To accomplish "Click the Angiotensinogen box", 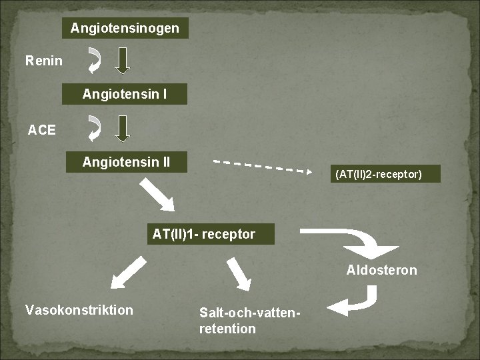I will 125,28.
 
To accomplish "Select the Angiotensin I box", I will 125,95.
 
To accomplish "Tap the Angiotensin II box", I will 126,162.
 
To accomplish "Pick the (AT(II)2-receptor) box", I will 378,174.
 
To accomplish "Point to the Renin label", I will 44,61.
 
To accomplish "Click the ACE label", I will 42,130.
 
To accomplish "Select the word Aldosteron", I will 381,270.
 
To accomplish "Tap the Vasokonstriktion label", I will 79,310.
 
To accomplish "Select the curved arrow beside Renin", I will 95,60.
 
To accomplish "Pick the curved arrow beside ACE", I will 95,129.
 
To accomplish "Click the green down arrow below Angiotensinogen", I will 122,61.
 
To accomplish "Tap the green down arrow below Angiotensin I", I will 122,128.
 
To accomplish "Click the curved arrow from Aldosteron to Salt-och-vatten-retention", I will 357,301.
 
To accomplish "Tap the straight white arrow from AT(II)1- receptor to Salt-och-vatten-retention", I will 239,274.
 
